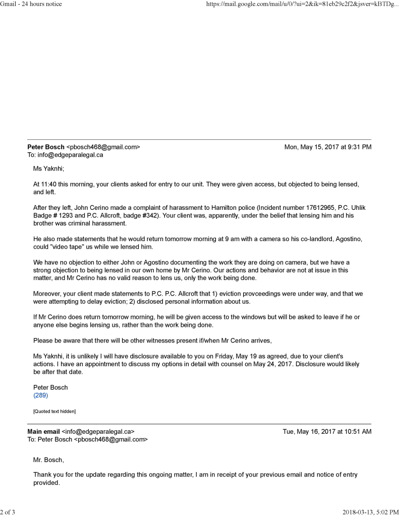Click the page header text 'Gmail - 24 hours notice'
(x=31, y=4)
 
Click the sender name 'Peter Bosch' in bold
(x=46, y=147)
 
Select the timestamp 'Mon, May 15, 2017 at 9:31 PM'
(x=328, y=147)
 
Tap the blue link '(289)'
(x=40, y=395)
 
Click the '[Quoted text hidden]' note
(x=54, y=412)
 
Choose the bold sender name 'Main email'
(x=43, y=432)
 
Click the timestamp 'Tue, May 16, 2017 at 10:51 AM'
(x=327, y=432)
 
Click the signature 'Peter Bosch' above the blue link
(x=50, y=387)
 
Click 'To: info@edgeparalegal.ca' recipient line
(x=65, y=155)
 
